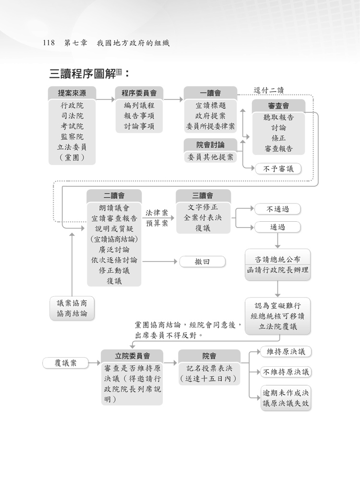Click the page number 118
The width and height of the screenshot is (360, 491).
click(49, 43)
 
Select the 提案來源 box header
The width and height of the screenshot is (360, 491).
click(72, 93)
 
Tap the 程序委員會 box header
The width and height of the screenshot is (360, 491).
click(139, 93)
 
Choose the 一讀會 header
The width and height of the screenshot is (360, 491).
click(210, 93)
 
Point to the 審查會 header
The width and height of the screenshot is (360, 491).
click(278, 106)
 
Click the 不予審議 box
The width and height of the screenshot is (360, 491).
click(278, 168)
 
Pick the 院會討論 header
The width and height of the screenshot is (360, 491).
click(210, 144)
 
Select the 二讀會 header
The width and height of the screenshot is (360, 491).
click(114, 195)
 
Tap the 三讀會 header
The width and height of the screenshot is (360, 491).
click(203, 195)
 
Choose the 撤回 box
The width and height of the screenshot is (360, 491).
click(202, 262)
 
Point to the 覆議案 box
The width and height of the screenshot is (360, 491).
click(66, 363)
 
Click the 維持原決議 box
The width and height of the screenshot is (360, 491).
click(286, 352)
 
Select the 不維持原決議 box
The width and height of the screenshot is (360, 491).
click(286, 372)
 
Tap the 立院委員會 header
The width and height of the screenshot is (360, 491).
click(132, 356)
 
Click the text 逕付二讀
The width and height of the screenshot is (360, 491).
click(269, 90)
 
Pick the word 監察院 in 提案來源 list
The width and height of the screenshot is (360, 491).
click(72, 137)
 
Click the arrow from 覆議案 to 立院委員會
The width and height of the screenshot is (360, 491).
click(95, 363)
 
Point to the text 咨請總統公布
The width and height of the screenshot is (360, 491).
click(278, 259)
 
